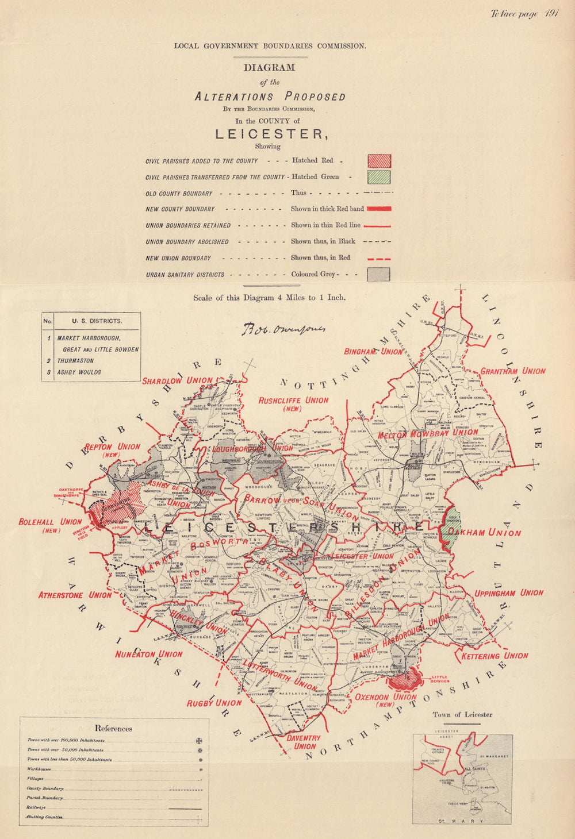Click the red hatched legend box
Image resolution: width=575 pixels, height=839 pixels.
379,161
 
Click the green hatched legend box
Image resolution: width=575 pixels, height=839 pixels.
379,177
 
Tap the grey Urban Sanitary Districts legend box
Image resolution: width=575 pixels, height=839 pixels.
379,274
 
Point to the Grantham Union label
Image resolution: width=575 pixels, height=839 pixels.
512,371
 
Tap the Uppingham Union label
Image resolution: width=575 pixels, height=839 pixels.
509,593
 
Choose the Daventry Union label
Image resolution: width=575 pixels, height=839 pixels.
304,742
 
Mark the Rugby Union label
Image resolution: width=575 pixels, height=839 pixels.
214,703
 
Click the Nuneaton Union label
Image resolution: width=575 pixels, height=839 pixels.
148,654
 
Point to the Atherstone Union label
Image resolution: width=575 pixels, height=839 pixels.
75,595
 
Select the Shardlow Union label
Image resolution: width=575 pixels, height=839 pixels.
177,380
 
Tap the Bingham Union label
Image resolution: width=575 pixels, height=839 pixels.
373,351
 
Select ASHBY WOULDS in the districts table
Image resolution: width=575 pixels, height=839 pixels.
79,372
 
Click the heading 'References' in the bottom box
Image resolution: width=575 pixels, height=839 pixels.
113,728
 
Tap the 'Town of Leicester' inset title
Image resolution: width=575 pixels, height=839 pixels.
462,714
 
